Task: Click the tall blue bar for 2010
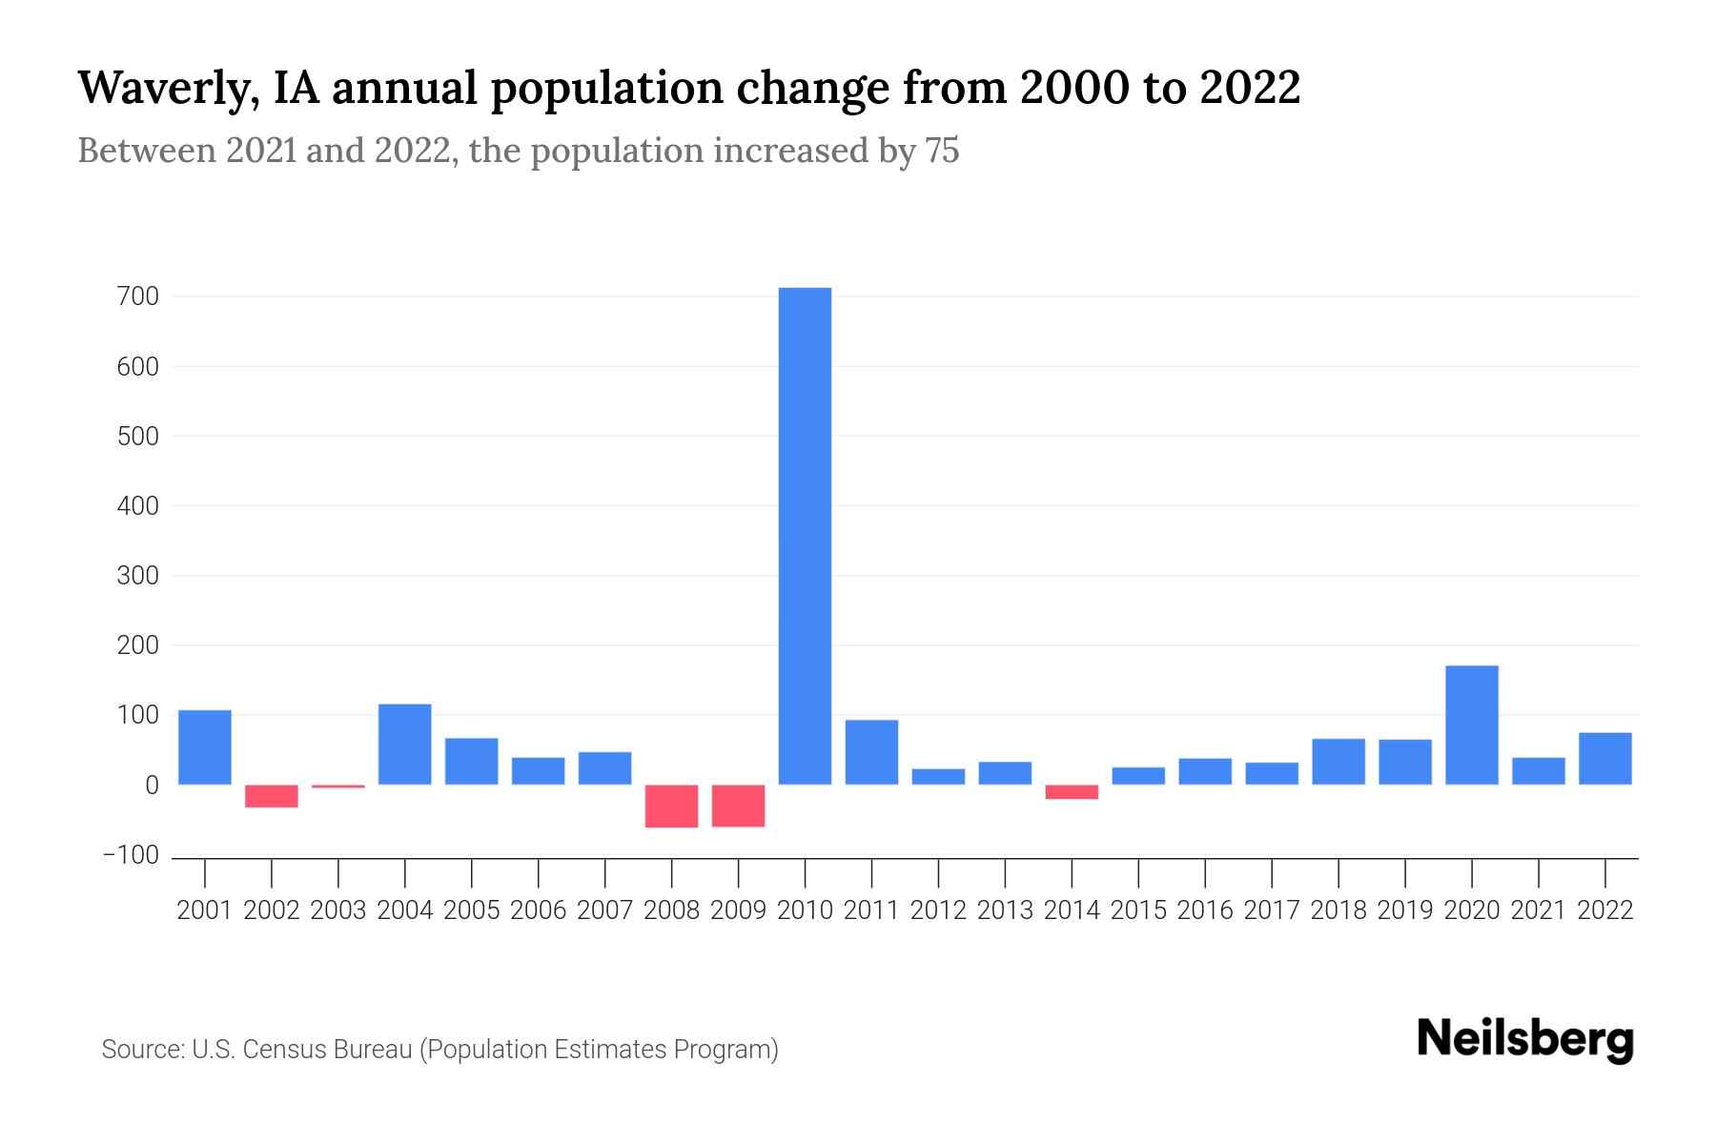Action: coord(805,536)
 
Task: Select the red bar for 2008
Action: coord(671,806)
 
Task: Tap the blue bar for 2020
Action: coord(1471,725)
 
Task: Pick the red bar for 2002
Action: coord(272,796)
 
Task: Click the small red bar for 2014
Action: coord(1072,791)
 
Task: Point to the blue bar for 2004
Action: coord(404,744)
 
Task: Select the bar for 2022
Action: coord(1604,758)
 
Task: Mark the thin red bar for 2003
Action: coord(338,786)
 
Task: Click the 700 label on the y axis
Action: coord(139,296)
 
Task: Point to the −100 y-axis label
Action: coord(132,855)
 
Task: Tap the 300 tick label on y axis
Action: coord(139,576)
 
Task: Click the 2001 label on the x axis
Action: coord(205,910)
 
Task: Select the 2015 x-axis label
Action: coord(1138,910)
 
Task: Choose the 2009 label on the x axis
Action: coord(738,910)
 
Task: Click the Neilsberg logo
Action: coord(1524,1039)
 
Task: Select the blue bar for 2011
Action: coord(871,752)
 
